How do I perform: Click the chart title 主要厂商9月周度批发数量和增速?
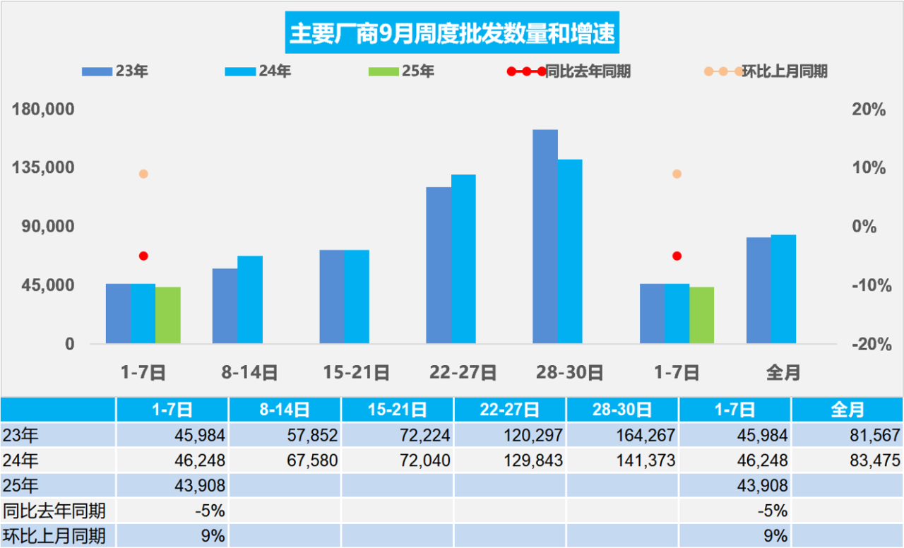[452, 34]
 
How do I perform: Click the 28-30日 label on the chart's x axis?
[569, 372]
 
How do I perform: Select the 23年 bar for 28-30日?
[545, 237]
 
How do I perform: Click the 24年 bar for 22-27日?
[463, 259]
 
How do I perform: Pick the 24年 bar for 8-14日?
[250, 299]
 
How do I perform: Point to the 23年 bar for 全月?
[759, 290]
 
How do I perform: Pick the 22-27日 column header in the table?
[510, 409]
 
